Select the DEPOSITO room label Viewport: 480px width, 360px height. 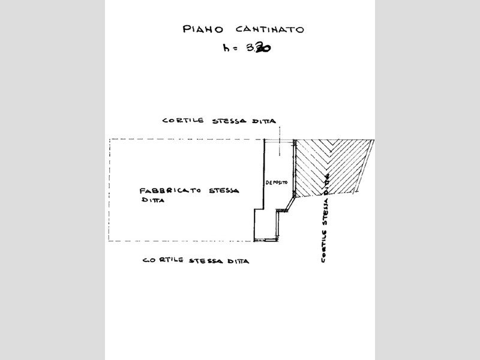(x=277, y=182)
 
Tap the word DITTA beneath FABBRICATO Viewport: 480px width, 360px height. (x=152, y=201)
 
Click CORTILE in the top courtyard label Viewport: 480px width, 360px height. (x=184, y=121)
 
